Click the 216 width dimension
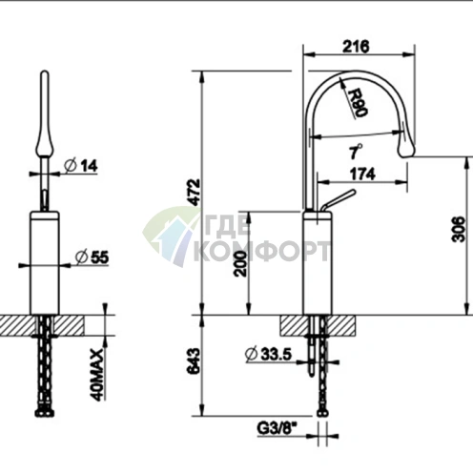coord(356,47)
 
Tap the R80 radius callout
coord(358,102)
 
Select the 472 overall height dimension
coord(194,192)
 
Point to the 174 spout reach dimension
coord(362,175)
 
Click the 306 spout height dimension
coord(458,229)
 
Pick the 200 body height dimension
coord(240,263)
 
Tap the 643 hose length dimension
coord(194,361)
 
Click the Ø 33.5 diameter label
coord(269,355)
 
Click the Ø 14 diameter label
coord(81,166)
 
